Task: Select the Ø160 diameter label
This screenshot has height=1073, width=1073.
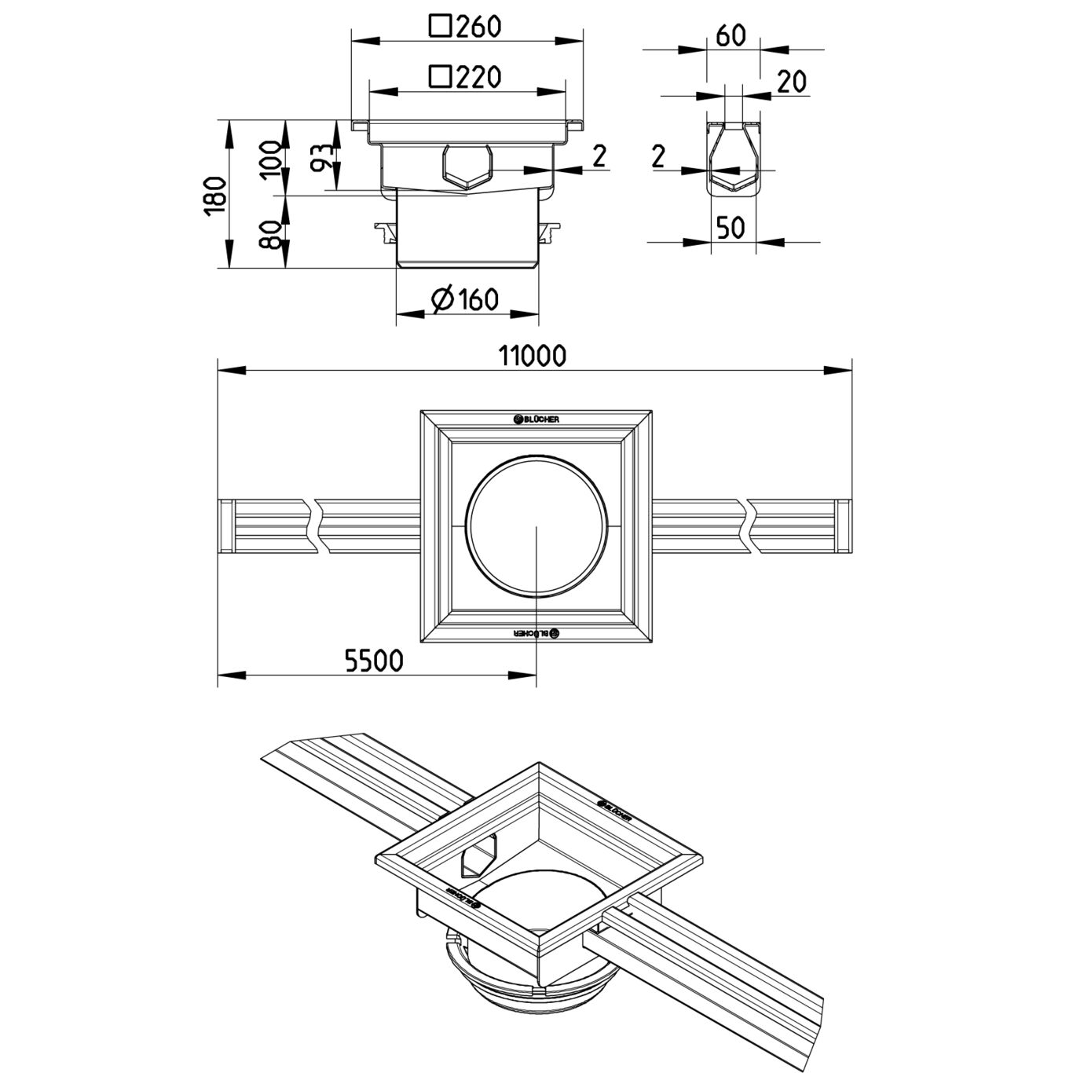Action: [x=466, y=299]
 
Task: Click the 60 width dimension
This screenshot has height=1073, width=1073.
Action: [x=731, y=35]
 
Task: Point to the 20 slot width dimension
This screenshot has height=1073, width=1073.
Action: [x=792, y=81]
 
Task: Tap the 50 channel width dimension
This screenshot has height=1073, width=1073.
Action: [x=731, y=228]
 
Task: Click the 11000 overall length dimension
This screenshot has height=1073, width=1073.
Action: [x=532, y=356]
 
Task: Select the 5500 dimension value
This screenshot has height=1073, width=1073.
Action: [x=373, y=661]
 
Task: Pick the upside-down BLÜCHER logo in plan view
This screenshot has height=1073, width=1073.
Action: [x=536, y=632]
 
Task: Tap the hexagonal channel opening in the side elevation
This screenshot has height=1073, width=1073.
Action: [x=467, y=167]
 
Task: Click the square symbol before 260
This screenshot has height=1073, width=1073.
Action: [x=440, y=27]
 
